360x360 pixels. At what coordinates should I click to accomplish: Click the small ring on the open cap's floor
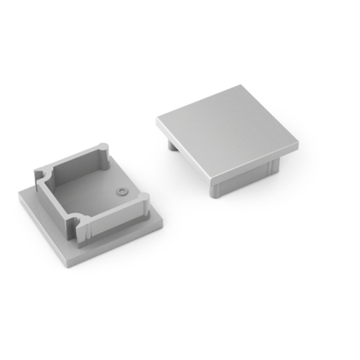[121, 191]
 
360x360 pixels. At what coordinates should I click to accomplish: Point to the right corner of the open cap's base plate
[164, 221]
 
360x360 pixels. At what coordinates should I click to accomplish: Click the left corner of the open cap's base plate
[20, 195]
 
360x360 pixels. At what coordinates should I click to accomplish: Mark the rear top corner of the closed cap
[241, 87]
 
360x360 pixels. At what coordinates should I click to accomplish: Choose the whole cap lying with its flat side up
[227, 138]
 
